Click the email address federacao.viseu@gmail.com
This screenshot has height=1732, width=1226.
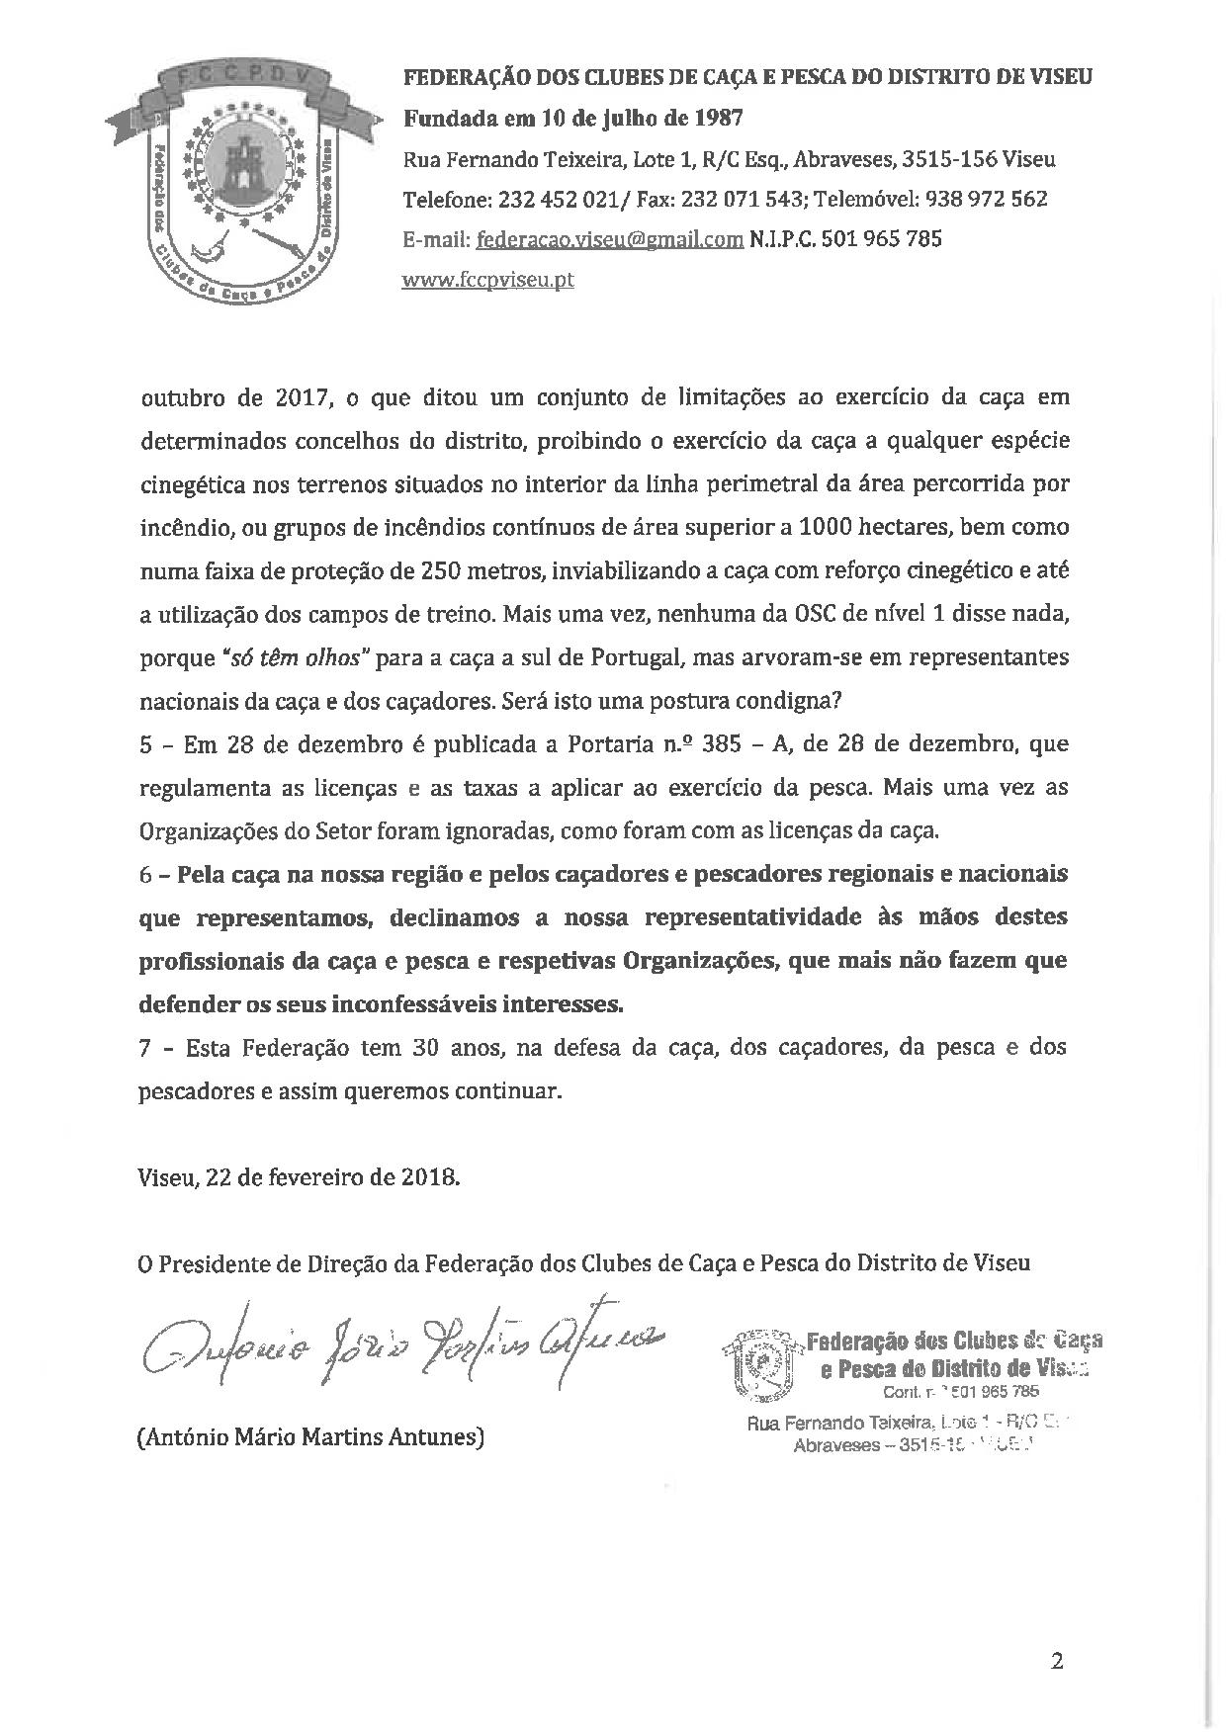click(609, 239)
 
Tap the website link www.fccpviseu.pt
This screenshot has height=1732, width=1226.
click(487, 280)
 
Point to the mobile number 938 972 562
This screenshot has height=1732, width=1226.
click(986, 199)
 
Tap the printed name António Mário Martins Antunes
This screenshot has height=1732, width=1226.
click(310, 1436)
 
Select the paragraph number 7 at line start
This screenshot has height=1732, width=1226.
click(145, 1048)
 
